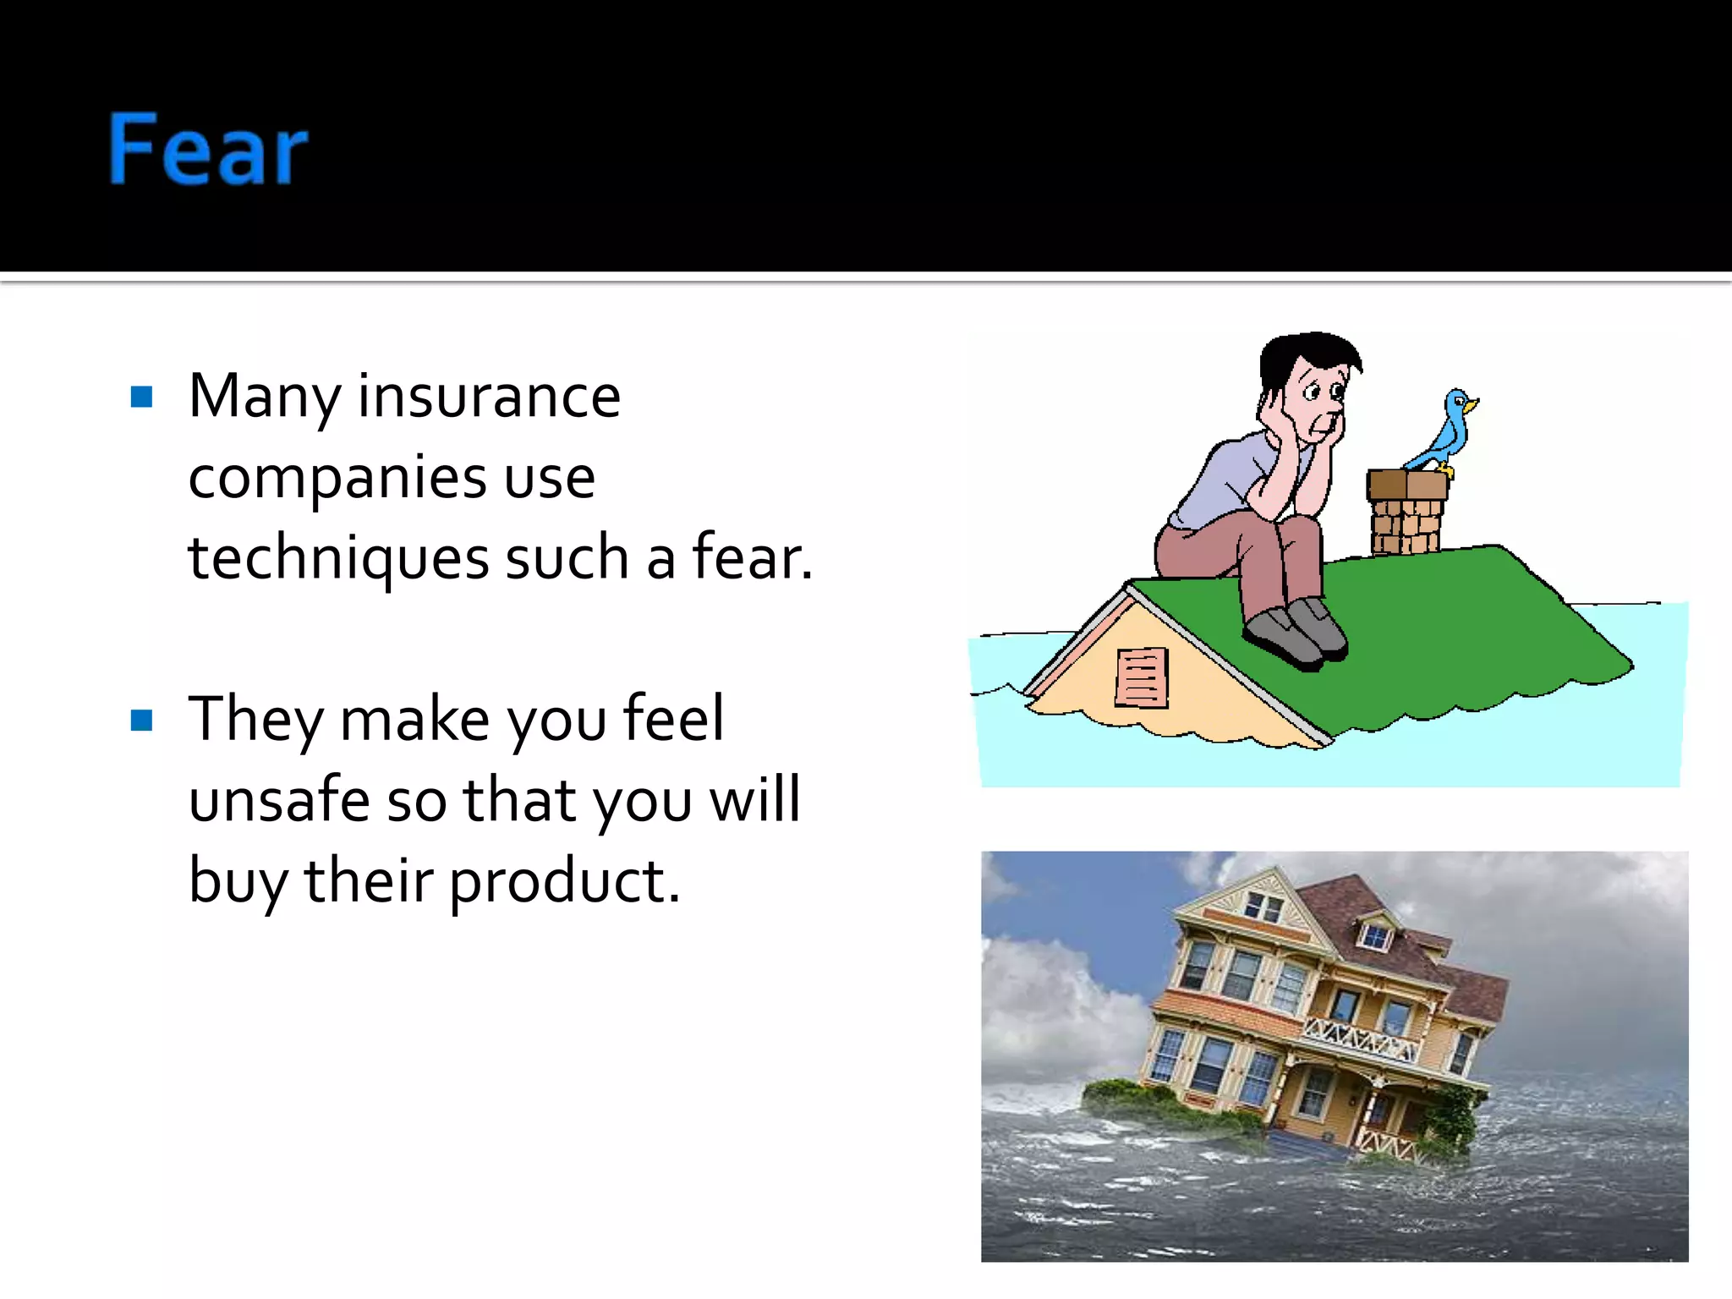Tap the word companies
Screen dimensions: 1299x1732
337,479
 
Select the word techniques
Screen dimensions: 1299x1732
338,560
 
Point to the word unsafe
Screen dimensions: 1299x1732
278,800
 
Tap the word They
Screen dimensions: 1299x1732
255,719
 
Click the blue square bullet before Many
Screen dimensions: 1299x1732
142,397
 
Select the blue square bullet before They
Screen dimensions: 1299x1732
142,721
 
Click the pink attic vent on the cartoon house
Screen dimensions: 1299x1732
1142,677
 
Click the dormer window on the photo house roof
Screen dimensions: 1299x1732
1374,935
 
